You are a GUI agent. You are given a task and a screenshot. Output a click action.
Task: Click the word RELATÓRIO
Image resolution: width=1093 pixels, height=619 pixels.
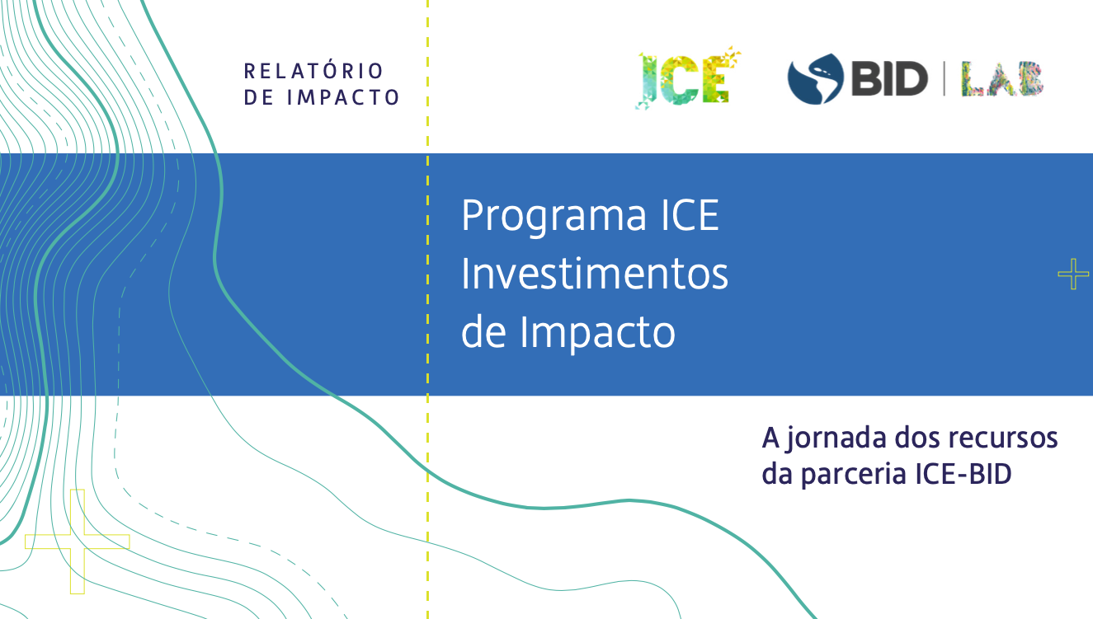coord(313,71)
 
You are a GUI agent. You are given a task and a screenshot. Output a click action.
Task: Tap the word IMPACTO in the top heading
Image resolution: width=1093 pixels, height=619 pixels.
coord(343,97)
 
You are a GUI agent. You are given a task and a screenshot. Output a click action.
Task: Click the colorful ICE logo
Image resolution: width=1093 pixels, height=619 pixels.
coord(687,78)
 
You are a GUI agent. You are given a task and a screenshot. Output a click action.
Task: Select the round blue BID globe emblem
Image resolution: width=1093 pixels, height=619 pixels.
coord(815,79)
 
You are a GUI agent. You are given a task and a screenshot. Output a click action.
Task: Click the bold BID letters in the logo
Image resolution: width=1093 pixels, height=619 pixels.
coord(889,78)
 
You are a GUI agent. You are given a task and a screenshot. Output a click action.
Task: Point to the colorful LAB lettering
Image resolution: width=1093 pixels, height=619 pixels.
coord(1002,78)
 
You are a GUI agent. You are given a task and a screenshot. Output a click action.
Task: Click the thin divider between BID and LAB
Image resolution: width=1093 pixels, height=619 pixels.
coord(945,78)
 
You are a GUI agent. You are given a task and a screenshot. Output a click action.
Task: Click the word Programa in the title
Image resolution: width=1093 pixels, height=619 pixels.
coord(554,217)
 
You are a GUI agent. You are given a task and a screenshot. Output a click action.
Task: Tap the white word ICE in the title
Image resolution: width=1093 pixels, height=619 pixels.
coord(690,215)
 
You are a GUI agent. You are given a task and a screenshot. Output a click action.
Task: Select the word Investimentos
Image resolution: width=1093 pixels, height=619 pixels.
coord(594,274)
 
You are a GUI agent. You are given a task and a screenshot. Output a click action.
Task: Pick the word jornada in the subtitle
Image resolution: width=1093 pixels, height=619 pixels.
coord(836,438)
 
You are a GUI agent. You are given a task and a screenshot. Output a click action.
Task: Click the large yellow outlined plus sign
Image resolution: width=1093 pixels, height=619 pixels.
coord(78,542)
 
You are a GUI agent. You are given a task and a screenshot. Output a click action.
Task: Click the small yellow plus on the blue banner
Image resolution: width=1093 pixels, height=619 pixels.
coord(1073,274)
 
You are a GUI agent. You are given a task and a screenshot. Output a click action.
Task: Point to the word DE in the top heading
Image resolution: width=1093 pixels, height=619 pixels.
coord(259,97)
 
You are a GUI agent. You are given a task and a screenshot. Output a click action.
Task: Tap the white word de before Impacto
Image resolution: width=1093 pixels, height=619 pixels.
coord(483,332)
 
